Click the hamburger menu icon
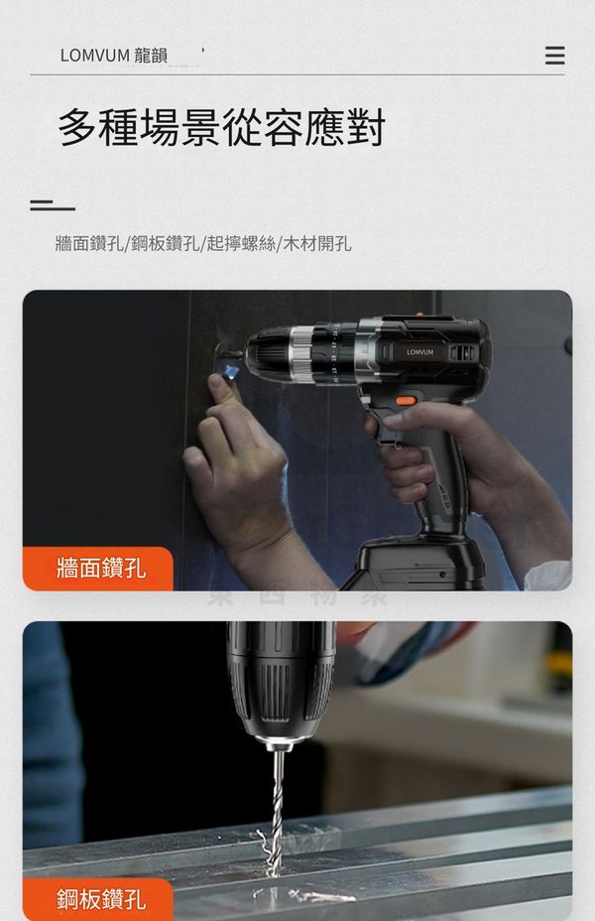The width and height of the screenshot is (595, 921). click(x=554, y=56)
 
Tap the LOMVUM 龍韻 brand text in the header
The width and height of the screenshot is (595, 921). click(x=114, y=56)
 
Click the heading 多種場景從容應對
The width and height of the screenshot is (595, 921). click(x=221, y=127)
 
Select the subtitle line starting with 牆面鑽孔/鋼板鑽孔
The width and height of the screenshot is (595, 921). click(x=203, y=243)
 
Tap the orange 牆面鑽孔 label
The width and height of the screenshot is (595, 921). click(x=101, y=569)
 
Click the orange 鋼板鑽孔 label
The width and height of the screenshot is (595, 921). click(x=101, y=899)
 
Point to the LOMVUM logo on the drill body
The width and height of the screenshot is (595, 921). click(x=420, y=352)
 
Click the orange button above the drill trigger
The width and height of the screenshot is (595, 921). click(x=406, y=401)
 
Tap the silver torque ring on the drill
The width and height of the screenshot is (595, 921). click(x=301, y=354)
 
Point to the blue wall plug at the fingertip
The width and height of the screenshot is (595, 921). click(x=231, y=370)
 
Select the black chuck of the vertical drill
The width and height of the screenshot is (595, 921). click(x=281, y=682)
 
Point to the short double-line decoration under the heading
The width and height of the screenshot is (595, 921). click(x=53, y=205)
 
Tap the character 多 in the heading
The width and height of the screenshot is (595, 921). click(x=77, y=127)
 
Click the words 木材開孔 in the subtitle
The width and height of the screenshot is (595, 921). click(x=317, y=243)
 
